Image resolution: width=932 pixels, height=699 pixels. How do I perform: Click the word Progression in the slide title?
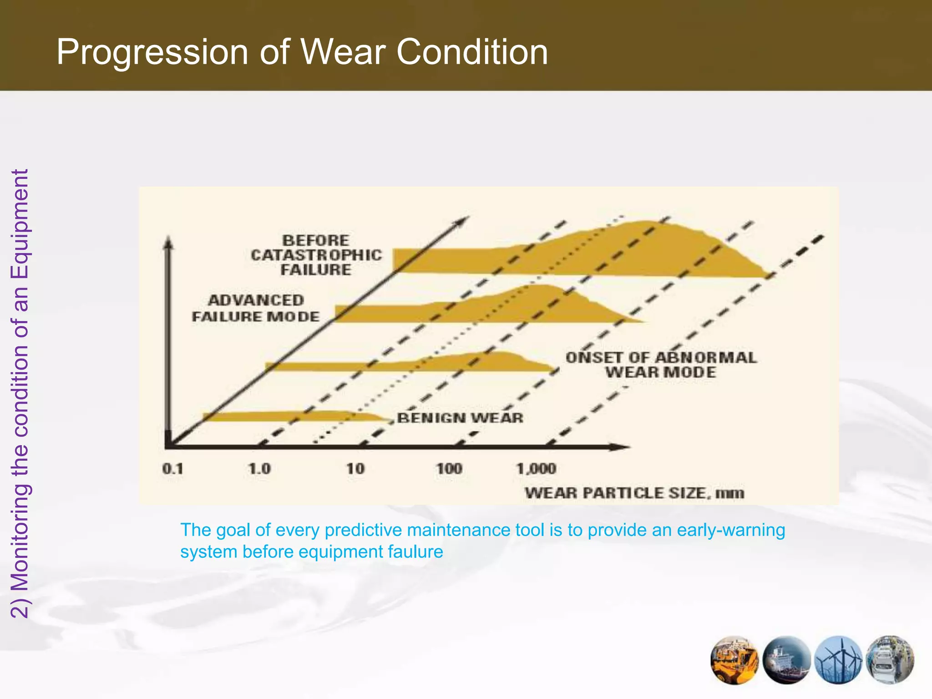tap(152, 53)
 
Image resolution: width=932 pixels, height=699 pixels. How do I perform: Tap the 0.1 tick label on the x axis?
tap(172, 469)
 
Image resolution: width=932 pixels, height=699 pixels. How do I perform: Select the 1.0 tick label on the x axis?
tap(259, 469)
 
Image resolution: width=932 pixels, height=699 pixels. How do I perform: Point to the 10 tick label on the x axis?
tap(355, 469)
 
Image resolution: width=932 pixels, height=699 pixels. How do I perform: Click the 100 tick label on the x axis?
tap(449, 469)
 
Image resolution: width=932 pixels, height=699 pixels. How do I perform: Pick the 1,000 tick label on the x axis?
tap(536, 469)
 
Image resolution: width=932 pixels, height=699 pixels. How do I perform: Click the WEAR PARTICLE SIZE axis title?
tap(634, 493)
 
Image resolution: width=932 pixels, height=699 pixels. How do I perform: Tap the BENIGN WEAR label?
tap(460, 418)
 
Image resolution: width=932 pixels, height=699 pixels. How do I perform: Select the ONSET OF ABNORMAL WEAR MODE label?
tap(661, 365)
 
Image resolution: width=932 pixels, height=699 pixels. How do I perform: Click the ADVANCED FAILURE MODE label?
tap(256, 309)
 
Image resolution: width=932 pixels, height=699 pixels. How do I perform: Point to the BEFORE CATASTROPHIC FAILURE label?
tap(316, 255)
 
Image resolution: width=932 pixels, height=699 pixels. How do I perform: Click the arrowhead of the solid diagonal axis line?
tap(462, 221)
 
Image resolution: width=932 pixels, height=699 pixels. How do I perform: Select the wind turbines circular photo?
tap(839, 659)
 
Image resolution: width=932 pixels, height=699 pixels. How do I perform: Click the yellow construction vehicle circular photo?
tap(734, 659)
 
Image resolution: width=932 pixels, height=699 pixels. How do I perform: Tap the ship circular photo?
tap(786, 659)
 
